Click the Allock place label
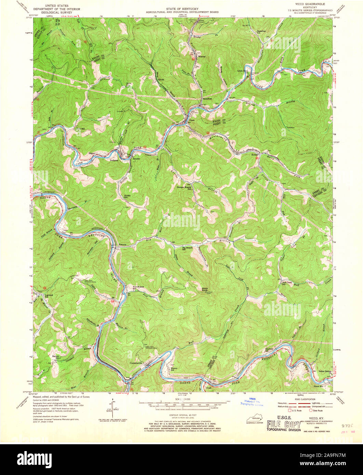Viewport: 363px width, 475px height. point(161,80)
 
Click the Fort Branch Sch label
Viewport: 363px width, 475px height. point(137,288)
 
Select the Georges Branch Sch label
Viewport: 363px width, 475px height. point(183,188)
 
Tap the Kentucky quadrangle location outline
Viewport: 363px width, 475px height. point(253,419)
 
